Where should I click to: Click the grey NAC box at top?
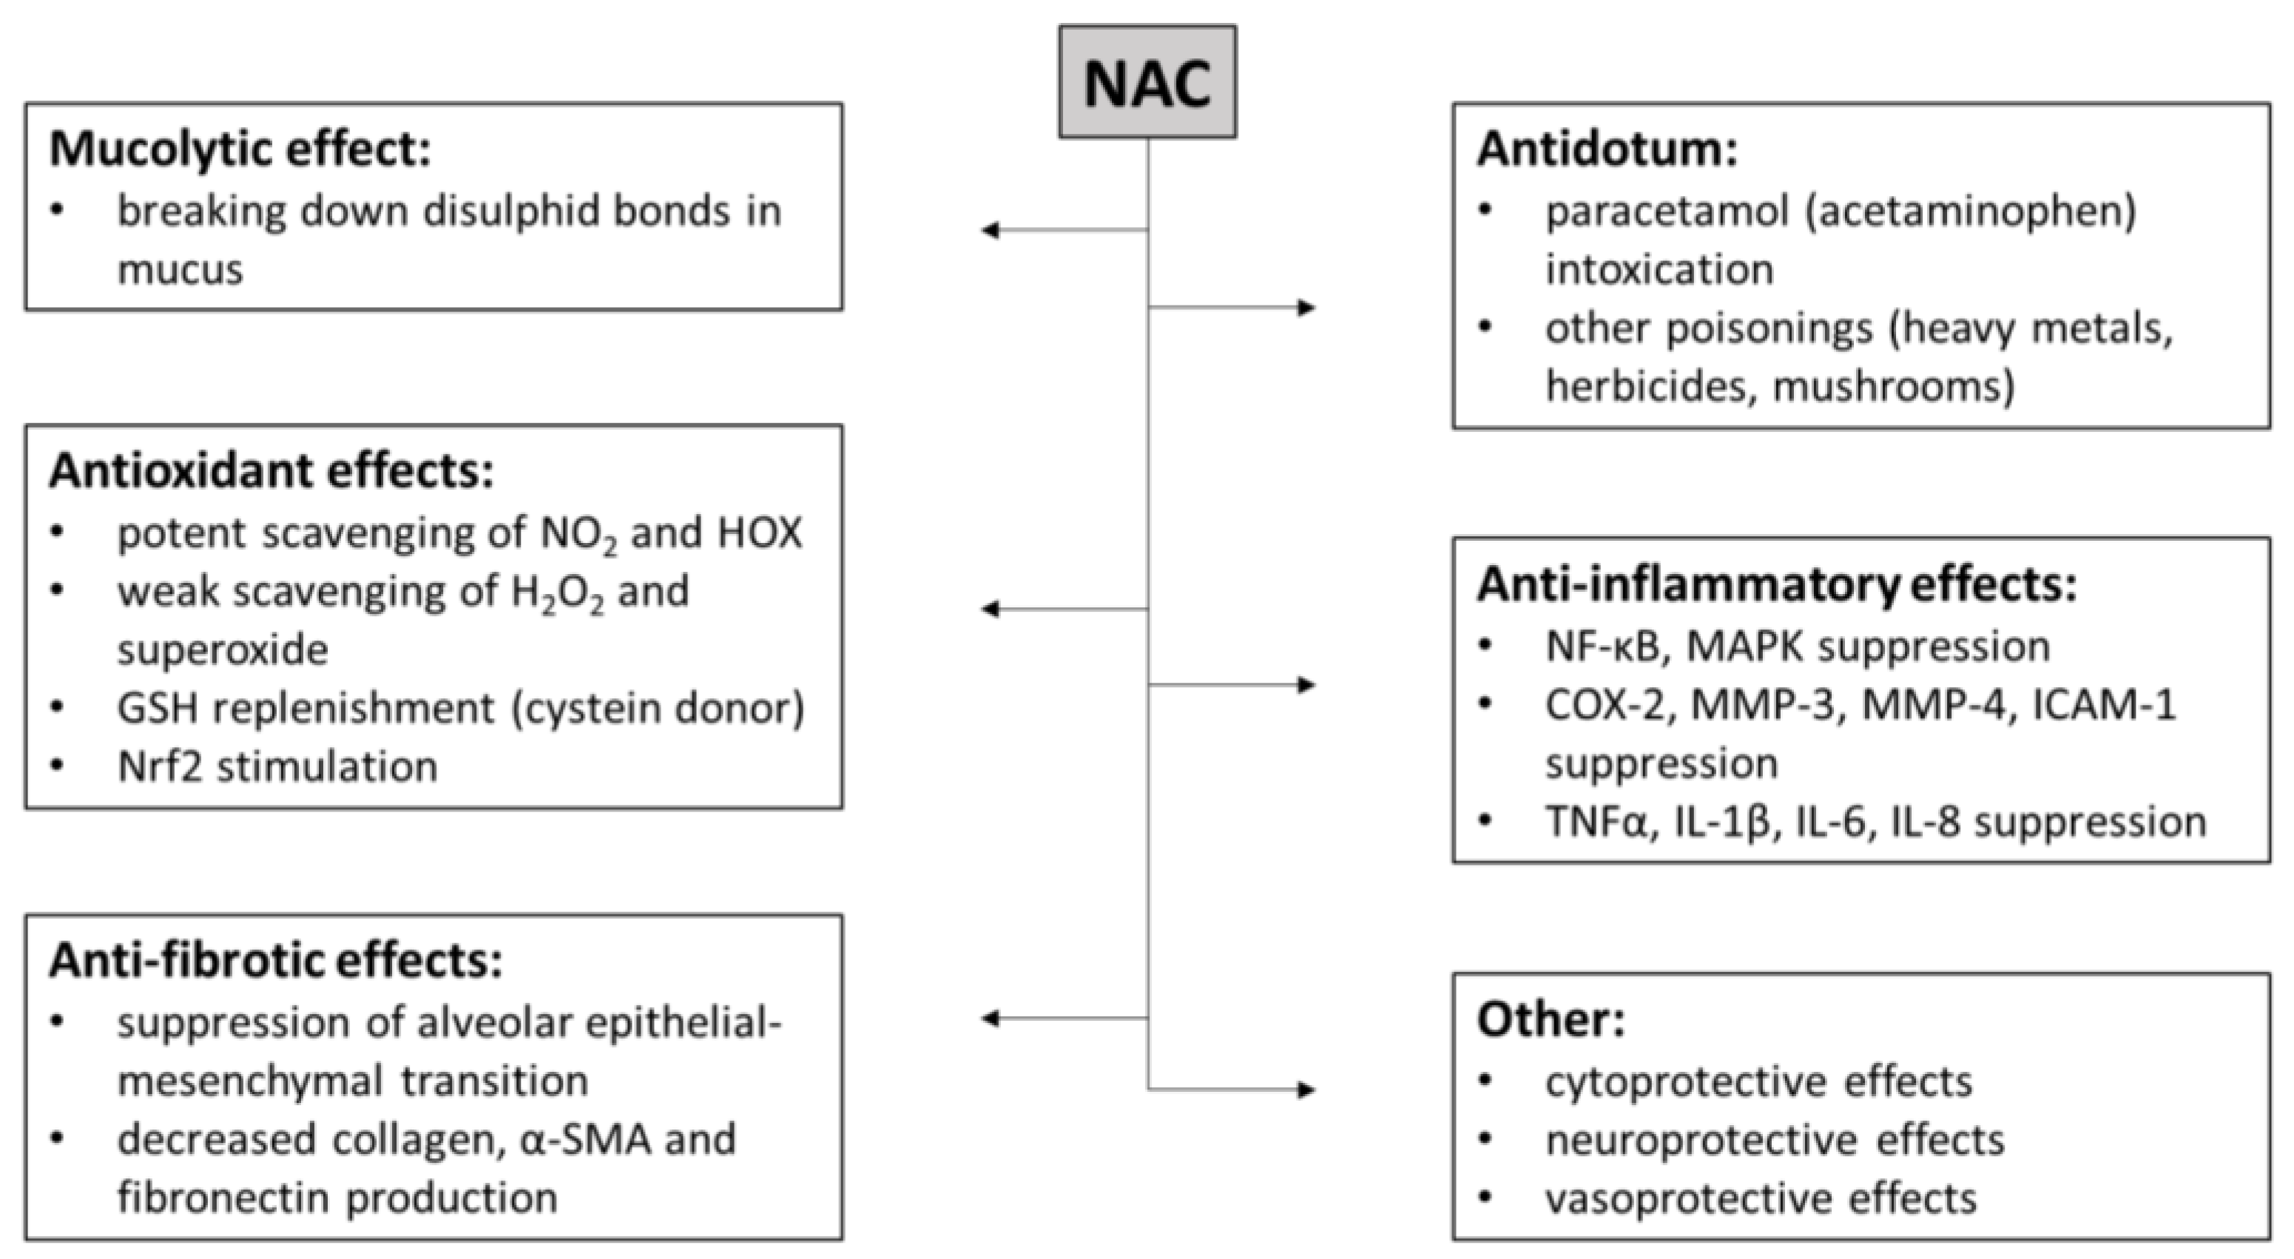(x=1147, y=82)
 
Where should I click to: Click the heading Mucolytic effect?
(x=240, y=149)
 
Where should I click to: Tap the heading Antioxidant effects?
(x=271, y=471)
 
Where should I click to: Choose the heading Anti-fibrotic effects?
(x=275, y=961)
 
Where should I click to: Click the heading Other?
(x=1551, y=1019)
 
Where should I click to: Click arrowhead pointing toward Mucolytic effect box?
(x=988, y=231)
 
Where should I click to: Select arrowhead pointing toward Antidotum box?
(x=1307, y=308)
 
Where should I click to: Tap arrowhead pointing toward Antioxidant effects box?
(x=988, y=609)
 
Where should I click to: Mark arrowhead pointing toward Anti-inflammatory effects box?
(x=1307, y=685)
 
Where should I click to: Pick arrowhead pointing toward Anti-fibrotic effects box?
(x=988, y=1019)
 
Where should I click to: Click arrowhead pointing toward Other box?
(x=1307, y=1090)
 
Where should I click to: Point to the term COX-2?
(x=1608, y=705)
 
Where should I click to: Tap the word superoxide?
(x=223, y=649)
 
